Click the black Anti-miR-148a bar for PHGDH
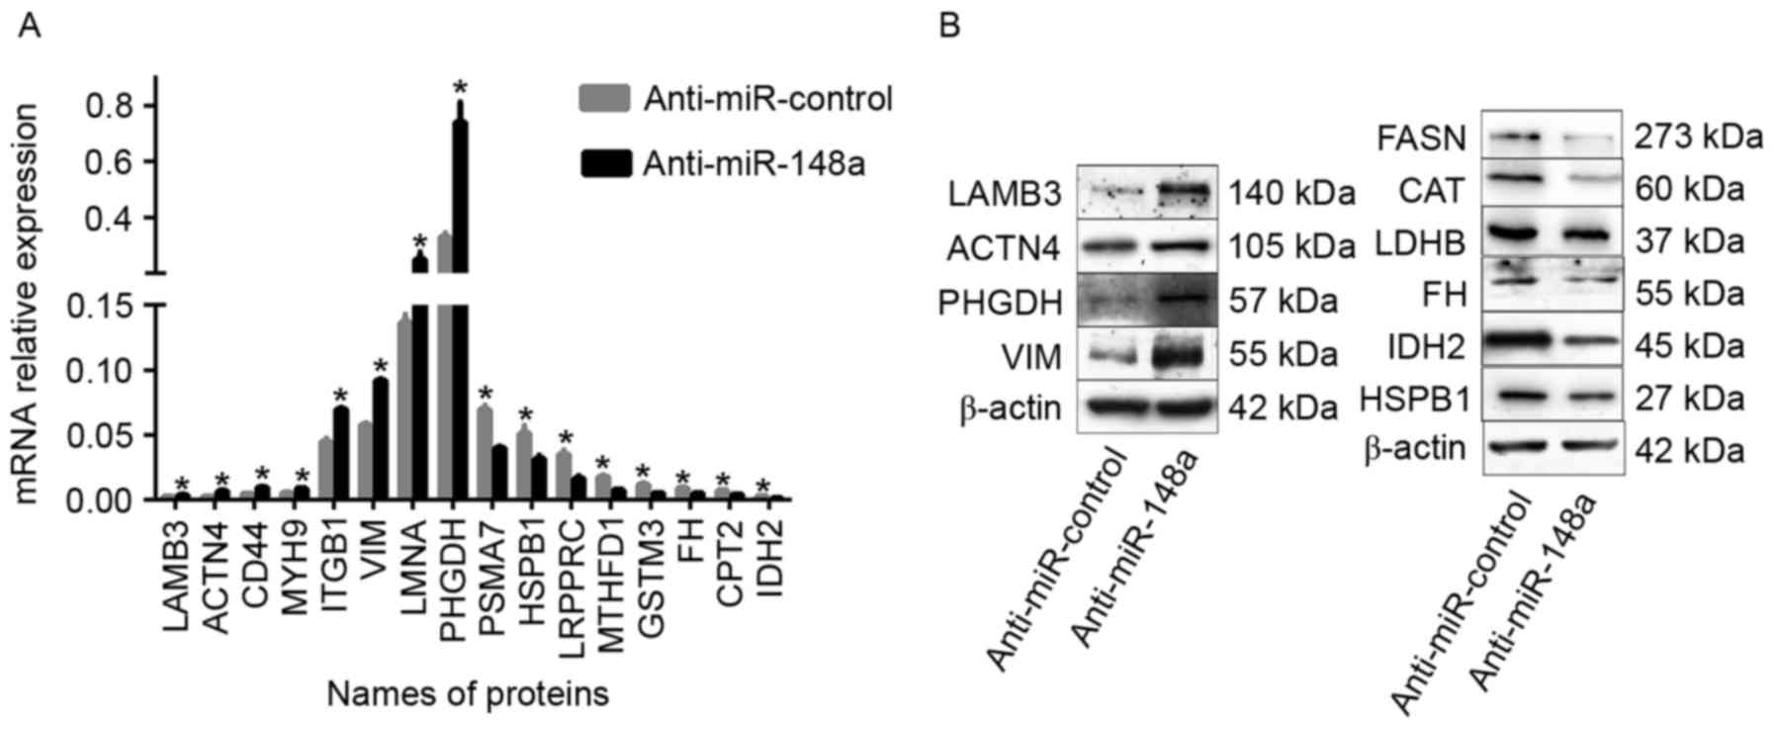(460, 297)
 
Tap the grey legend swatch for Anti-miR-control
(604, 99)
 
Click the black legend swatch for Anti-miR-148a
(604, 163)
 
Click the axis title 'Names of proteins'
(467, 694)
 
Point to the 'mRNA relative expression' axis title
(28, 303)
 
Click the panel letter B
(949, 26)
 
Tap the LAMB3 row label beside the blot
(1005, 195)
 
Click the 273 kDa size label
(1698, 137)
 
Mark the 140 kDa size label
(1290, 194)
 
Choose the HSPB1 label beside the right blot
(1414, 400)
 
